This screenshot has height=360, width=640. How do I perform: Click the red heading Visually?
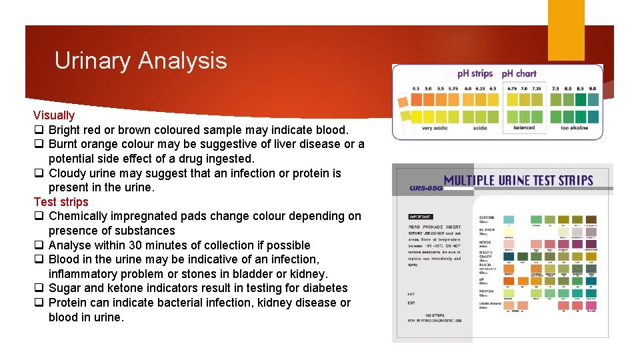pos(54,115)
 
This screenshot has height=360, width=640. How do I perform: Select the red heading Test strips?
pos(61,202)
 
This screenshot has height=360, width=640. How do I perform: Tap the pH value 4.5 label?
pos(416,88)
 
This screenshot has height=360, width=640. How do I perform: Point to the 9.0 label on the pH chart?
pos(593,88)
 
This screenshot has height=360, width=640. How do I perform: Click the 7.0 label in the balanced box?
pos(525,88)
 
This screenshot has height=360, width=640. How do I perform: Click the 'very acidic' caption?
pos(435,128)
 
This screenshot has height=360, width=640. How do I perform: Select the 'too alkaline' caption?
pos(574,128)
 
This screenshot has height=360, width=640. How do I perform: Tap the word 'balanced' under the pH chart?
pos(524,128)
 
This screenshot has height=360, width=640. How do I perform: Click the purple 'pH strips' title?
pos(475,73)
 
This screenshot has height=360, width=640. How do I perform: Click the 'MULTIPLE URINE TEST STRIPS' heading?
pos(518,180)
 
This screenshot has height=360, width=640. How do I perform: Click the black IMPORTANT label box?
pos(421,217)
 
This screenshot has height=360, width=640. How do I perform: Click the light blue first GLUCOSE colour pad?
pos(509,219)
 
